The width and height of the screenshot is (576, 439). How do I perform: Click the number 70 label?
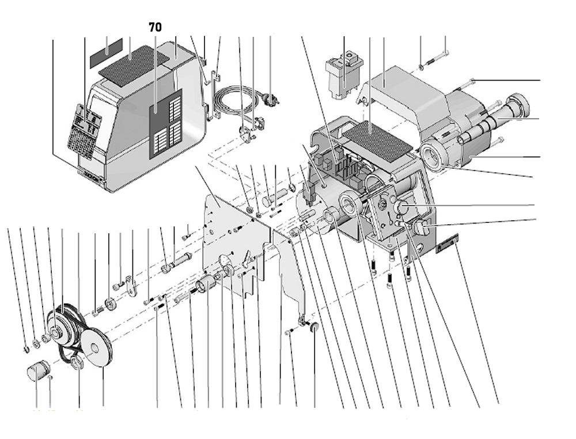point(155,27)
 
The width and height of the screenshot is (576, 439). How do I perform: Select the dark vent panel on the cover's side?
point(166,123)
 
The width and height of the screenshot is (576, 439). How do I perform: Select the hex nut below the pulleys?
point(77,364)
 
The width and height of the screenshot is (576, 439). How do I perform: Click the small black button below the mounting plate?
point(314,327)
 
